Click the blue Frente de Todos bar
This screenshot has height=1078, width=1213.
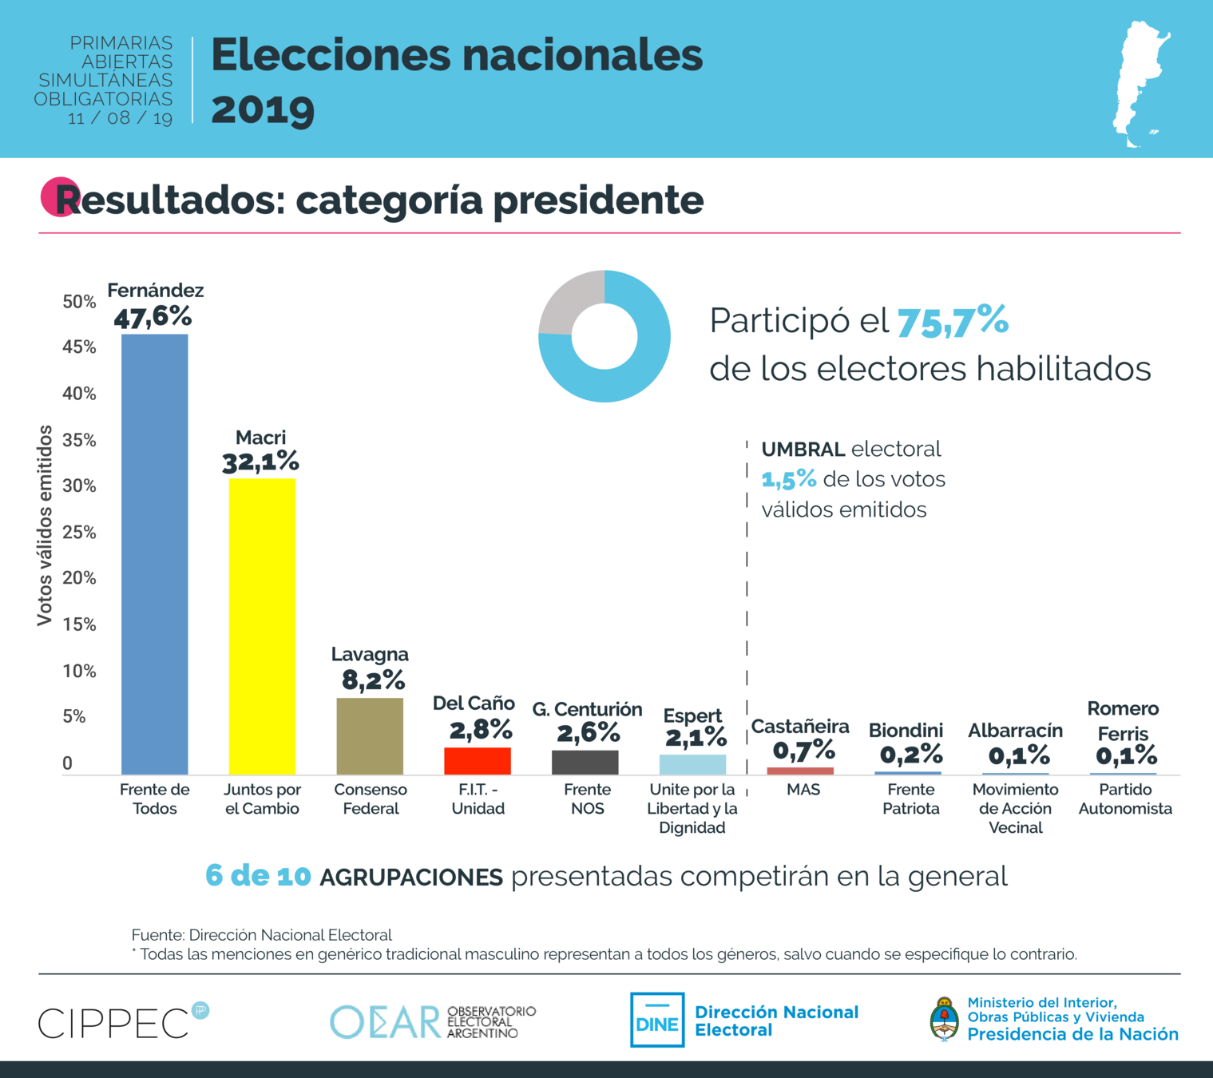(x=154, y=554)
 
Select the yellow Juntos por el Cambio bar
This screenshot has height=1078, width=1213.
(x=262, y=626)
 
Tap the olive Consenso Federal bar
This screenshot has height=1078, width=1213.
(x=370, y=736)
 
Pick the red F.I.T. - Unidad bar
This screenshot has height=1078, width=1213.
(x=478, y=761)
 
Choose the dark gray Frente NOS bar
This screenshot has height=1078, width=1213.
(x=585, y=763)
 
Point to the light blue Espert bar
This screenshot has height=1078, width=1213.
(x=692, y=765)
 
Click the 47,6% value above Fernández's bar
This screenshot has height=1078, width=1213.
(x=153, y=317)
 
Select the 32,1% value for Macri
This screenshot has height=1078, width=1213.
(x=260, y=462)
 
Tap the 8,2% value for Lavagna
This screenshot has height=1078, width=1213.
(x=373, y=680)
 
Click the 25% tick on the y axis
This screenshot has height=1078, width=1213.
(x=79, y=533)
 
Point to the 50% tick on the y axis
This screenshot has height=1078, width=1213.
(x=79, y=302)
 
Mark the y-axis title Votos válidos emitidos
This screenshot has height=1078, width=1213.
(x=45, y=525)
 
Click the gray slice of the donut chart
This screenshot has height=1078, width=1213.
(x=568, y=302)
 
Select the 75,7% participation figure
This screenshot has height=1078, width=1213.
(x=953, y=321)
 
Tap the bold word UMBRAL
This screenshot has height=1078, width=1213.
(x=803, y=450)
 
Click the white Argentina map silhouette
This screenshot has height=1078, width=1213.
(x=1140, y=84)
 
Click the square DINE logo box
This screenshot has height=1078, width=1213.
(x=657, y=1020)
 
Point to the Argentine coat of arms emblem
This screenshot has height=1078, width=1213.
(x=945, y=1019)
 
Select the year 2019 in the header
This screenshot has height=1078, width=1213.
(x=263, y=109)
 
